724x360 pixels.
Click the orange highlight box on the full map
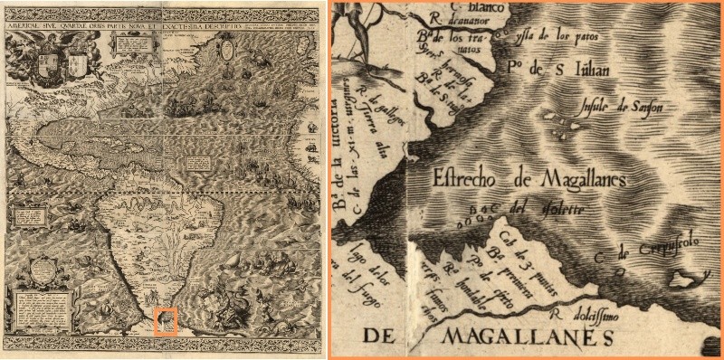point(165,321)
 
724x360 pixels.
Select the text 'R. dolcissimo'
point(587,317)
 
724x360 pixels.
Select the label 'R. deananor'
point(462,20)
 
